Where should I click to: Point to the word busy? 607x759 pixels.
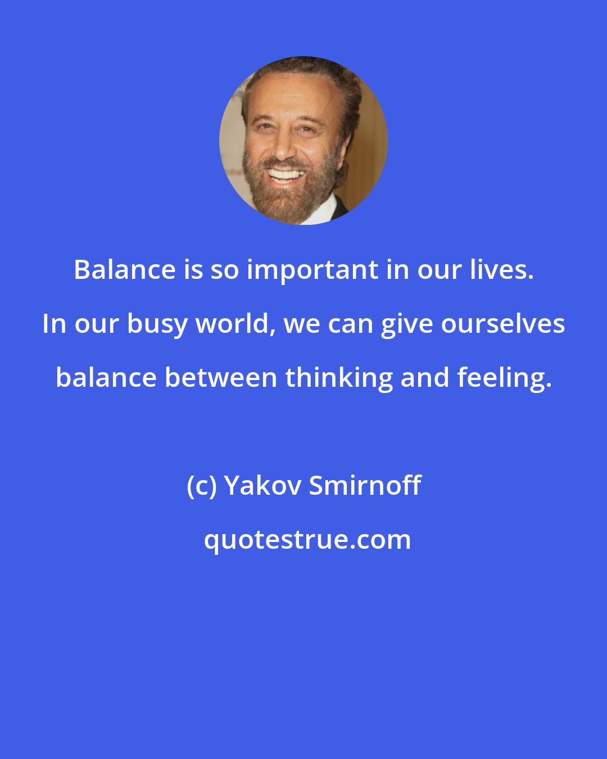pos(157,324)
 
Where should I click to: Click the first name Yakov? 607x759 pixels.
pos(264,485)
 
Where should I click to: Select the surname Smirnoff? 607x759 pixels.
pos(365,485)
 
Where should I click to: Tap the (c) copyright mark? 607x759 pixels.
pos(202,486)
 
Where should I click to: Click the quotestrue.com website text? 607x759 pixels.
pos(307,540)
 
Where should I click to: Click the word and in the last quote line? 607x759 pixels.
pos(424,377)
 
